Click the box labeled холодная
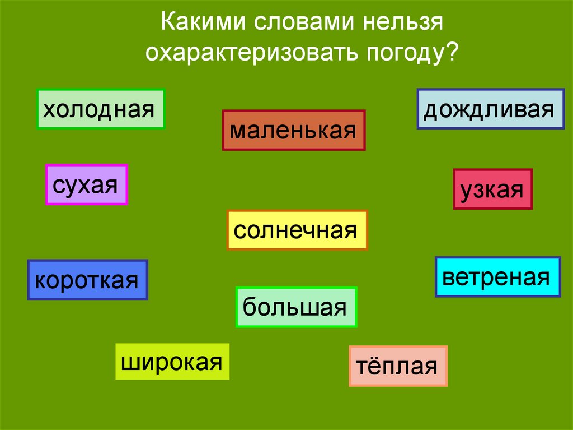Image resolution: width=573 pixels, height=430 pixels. pyautogui.click(x=101, y=109)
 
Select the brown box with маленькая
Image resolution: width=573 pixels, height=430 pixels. pyautogui.click(x=293, y=130)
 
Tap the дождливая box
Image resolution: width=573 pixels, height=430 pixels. pyautogui.click(x=491, y=109)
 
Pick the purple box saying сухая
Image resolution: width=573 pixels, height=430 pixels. pyautogui.click(x=86, y=184)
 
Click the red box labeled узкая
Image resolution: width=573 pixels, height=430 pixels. pyautogui.click(x=492, y=189)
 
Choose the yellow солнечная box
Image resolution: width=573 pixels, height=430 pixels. pyautogui.click(x=297, y=230)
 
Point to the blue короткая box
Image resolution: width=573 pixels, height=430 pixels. pyautogui.click(x=87, y=280)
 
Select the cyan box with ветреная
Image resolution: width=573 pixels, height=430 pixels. pyautogui.click(x=497, y=277)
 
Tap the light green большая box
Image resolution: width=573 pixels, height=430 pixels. pyautogui.click(x=296, y=307)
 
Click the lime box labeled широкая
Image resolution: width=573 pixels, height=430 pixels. pyautogui.click(x=172, y=362)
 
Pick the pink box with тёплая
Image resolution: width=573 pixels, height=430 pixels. pyautogui.click(x=398, y=366)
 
